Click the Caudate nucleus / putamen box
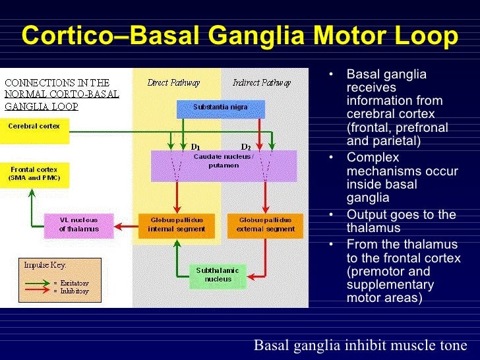point(224,165)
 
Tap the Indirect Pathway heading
point(262,82)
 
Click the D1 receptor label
point(195,146)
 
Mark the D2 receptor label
point(246,146)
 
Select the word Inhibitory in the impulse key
point(73,291)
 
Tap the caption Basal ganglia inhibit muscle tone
point(360,345)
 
